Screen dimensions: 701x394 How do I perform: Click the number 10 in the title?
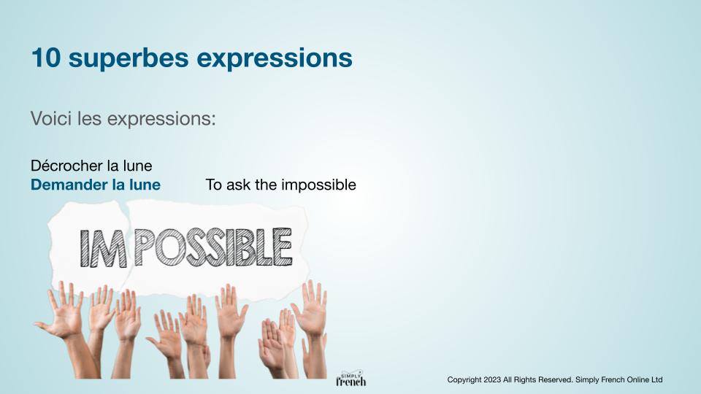pyautogui.click(x=45, y=58)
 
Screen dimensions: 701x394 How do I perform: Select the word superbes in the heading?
pyautogui.click(x=129, y=58)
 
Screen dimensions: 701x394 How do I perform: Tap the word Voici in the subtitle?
pyautogui.click(x=51, y=118)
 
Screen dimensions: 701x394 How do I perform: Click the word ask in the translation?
pyautogui.click(x=237, y=185)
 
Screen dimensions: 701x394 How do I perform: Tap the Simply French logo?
pyautogui.click(x=351, y=379)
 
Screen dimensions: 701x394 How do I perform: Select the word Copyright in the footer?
pyautogui.click(x=464, y=380)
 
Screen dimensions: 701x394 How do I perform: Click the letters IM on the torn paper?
pyautogui.click(x=103, y=249)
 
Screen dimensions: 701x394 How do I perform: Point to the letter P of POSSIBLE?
pyautogui.click(x=144, y=247)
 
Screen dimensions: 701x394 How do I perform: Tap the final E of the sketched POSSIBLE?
pyautogui.click(x=283, y=247)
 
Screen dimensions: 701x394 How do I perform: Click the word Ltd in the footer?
pyautogui.click(x=656, y=379)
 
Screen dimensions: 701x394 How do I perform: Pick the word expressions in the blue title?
pyautogui.click(x=275, y=59)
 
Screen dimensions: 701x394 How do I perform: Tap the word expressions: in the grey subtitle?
pyautogui.click(x=161, y=119)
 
